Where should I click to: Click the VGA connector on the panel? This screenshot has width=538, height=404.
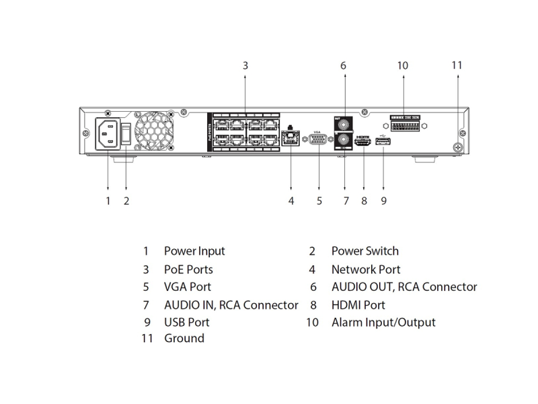pos(319,139)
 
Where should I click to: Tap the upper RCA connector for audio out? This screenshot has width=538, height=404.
pos(344,125)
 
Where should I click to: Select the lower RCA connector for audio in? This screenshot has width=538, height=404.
pos(344,141)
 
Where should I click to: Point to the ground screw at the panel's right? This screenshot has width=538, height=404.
pos(457,147)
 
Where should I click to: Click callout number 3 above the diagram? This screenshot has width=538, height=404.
pos(245,66)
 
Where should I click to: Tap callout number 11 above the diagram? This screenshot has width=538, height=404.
pos(457,66)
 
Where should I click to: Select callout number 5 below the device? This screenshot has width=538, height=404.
pos(319,201)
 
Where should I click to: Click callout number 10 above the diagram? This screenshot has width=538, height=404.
pos(403,66)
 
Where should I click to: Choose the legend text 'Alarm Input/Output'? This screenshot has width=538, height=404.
pos(383,323)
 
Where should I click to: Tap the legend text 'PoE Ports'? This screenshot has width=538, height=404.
pos(188,269)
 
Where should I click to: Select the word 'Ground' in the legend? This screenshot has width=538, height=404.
pos(184,338)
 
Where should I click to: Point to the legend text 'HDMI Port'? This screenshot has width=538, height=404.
pos(358,305)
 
